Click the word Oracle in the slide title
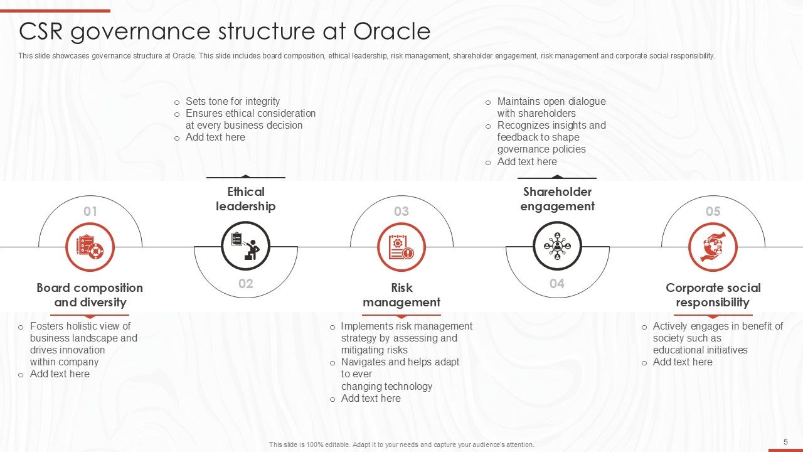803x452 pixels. (x=391, y=31)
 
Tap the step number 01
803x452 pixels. (x=90, y=212)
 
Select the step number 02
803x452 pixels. (x=246, y=284)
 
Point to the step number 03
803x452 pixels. (x=401, y=212)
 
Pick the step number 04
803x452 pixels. (x=557, y=284)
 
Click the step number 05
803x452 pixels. (x=713, y=212)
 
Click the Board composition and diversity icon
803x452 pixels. (x=90, y=247)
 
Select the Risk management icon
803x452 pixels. (x=401, y=247)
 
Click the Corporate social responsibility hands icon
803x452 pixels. (x=713, y=247)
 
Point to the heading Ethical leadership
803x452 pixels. (x=246, y=199)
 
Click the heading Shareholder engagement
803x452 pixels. (x=557, y=199)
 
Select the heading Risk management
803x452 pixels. (x=401, y=295)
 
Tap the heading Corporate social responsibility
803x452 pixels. (x=713, y=295)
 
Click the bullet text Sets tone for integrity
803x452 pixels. (x=233, y=102)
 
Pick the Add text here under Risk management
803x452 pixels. (x=371, y=399)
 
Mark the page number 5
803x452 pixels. (x=785, y=442)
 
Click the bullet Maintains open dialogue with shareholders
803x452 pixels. (x=551, y=107)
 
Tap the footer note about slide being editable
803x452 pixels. (x=401, y=444)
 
